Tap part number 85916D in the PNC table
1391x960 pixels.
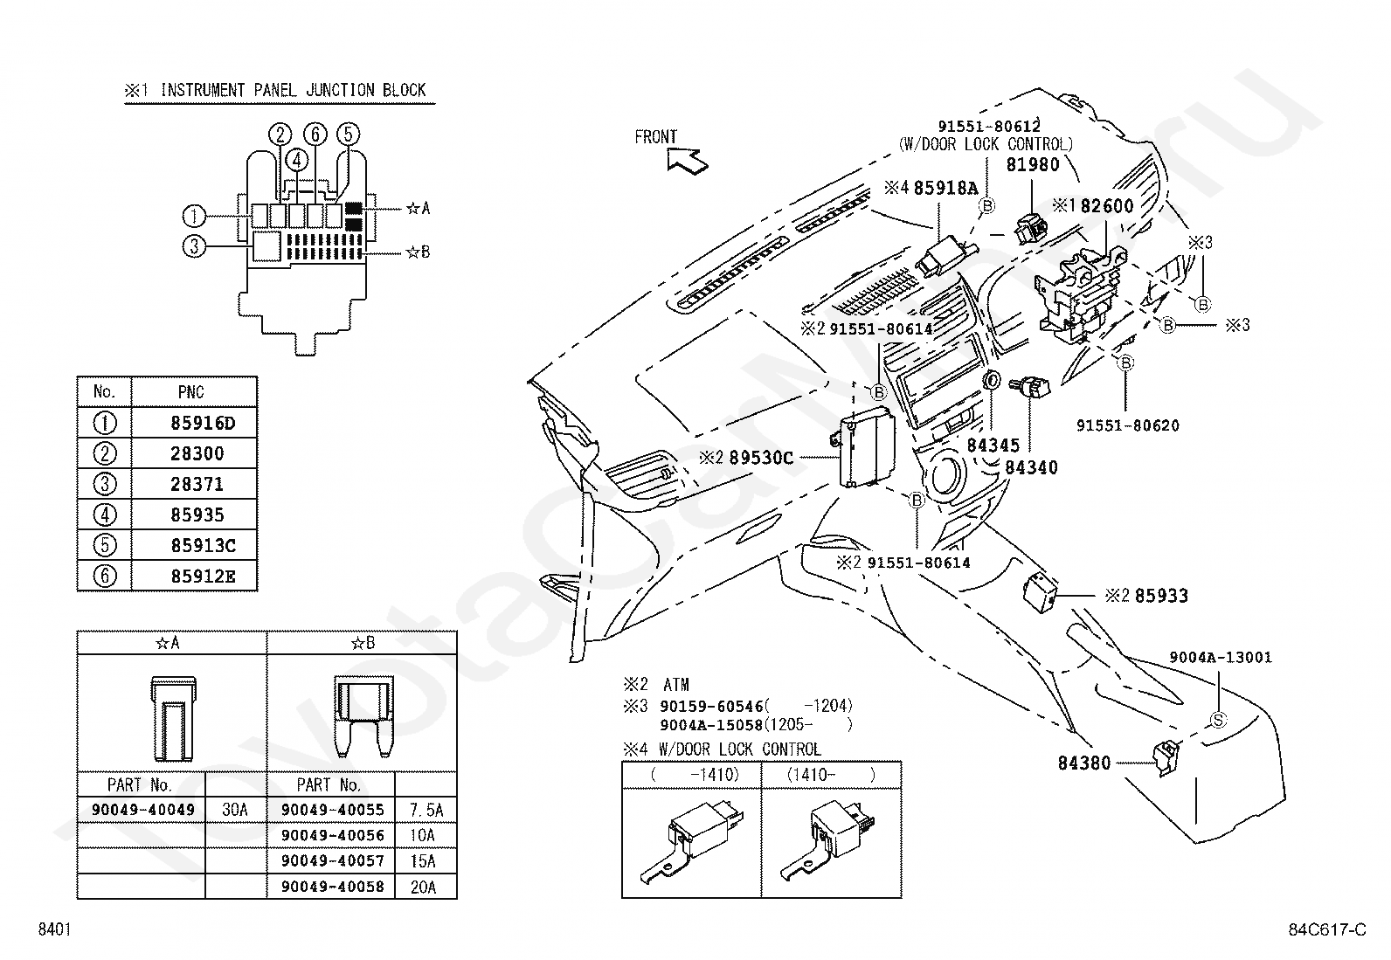[203, 424]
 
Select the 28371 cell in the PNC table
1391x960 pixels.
[197, 484]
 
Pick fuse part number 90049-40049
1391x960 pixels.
[143, 810]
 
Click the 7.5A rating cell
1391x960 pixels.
[426, 810]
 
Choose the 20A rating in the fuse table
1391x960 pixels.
[423, 887]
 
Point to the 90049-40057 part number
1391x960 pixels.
[333, 861]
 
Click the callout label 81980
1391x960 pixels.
[1033, 164]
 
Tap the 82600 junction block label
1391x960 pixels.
[1107, 206]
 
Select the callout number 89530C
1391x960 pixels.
[761, 459]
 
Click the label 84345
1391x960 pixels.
[993, 445]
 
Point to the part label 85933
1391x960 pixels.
[1161, 596]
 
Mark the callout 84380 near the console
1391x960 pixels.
[1084, 763]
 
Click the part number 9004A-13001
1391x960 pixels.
[1221, 658]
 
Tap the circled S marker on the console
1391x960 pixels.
[1218, 721]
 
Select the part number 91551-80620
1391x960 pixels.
[1128, 426]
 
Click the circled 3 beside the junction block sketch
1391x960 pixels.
[194, 246]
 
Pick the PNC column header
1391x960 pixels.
[190, 392]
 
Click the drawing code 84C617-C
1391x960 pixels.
[1327, 929]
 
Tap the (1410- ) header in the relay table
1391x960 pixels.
[831, 776]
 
